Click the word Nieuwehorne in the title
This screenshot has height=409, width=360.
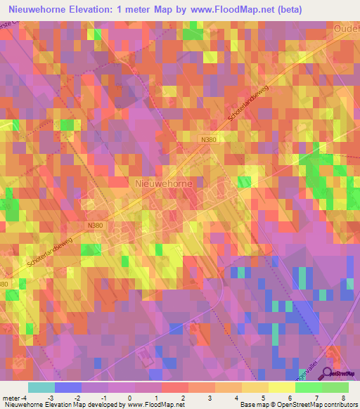43,8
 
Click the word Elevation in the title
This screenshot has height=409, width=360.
115,8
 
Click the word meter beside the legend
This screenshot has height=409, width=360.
10,398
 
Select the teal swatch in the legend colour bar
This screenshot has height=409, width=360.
41,387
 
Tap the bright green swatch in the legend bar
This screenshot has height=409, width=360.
309,387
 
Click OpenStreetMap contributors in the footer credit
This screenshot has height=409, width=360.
316,405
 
